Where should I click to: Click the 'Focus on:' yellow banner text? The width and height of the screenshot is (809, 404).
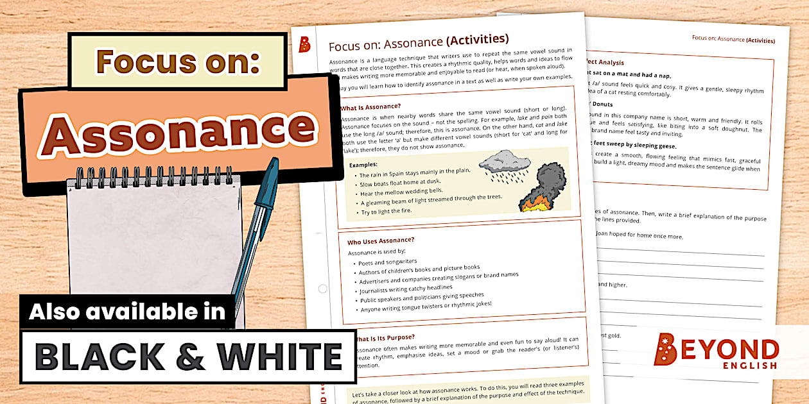tap(177, 62)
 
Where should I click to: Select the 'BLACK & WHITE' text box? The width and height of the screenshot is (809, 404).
tap(187, 357)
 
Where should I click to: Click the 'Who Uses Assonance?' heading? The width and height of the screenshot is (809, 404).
tap(380, 241)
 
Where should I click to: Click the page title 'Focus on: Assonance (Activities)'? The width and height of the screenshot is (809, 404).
tap(418, 43)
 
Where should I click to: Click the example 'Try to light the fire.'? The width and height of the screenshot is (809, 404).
tap(387, 211)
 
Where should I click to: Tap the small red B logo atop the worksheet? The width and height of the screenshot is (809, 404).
tap(305, 44)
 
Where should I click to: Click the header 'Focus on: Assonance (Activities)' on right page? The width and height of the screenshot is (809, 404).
tap(736, 38)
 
